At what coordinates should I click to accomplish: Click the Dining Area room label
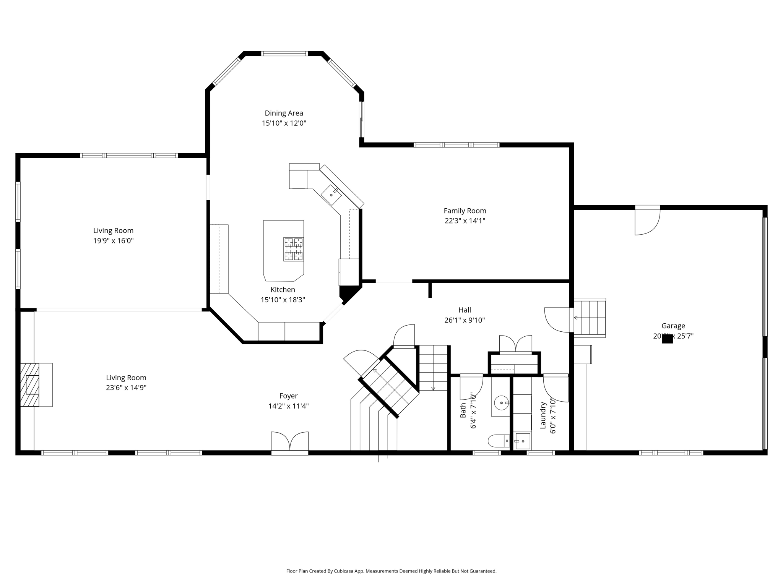(x=284, y=113)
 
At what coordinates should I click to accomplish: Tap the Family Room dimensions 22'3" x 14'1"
(x=465, y=221)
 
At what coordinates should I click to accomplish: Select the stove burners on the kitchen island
(x=293, y=249)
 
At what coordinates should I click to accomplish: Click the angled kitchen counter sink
(x=331, y=195)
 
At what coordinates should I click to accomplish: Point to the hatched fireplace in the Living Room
(x=30, y=384)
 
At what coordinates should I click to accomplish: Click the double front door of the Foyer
(x=290, y=443)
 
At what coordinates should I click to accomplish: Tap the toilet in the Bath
(x=498, y=441)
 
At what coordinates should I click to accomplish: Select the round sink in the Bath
(x=501, y=403)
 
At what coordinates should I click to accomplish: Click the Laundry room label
(x=543, y=415)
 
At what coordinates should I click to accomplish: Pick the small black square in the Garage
(x=667, y=339)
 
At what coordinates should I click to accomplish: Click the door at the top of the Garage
(x=647, y=221)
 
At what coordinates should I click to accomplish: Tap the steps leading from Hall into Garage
(x=590, y=318)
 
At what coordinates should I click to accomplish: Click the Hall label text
(x=465, y=310)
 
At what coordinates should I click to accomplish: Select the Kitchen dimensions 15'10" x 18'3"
(x=283, y=300)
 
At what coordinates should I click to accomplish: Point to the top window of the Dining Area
(x=284, y=54)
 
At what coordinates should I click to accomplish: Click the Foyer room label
(x=288, y=396)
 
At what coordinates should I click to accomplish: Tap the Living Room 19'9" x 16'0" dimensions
(x=113, y=241)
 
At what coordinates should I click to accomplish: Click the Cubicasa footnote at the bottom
(x=391, y=571)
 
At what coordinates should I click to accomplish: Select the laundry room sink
(x=523, y=441)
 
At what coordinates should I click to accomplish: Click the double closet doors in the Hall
(x=515, y=344)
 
